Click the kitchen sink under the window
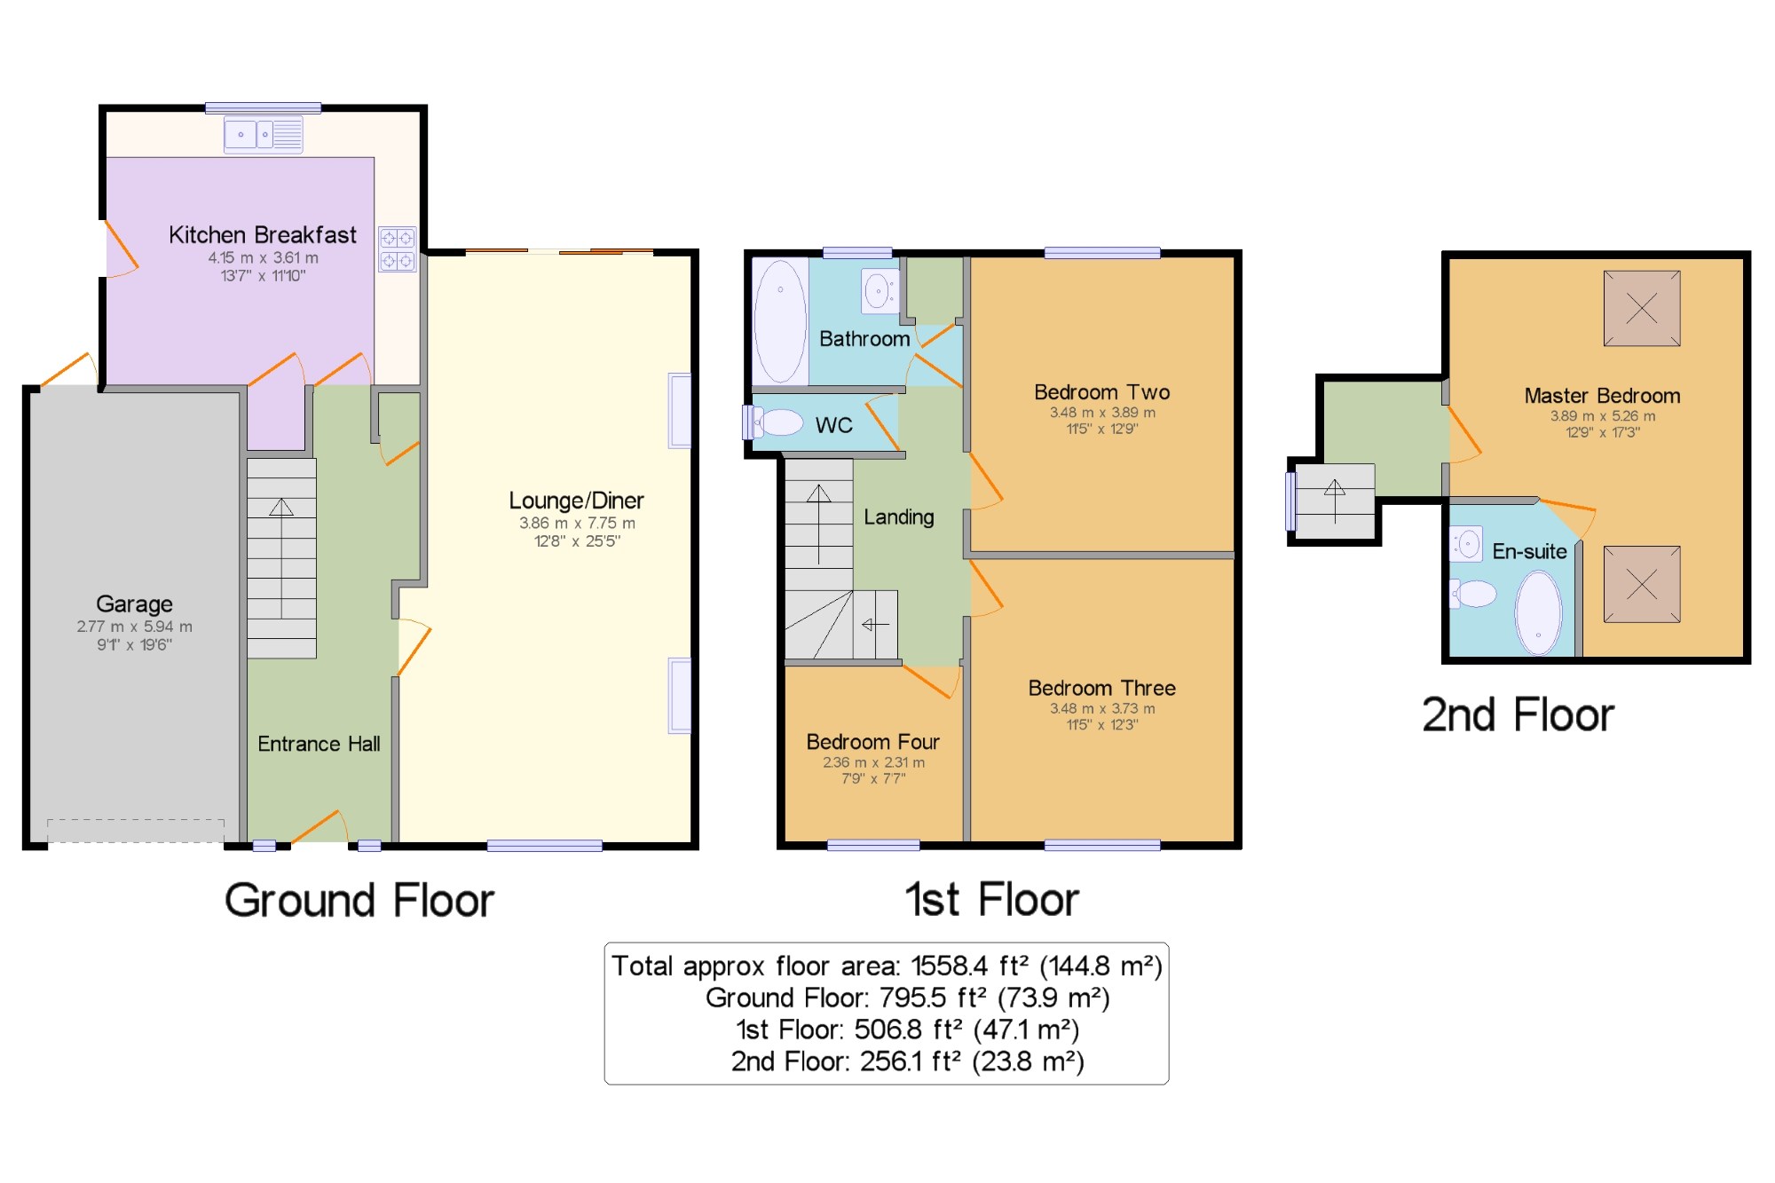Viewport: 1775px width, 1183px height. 264,135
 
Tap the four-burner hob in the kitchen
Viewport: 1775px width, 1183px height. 398,249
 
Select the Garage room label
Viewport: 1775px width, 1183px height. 134,604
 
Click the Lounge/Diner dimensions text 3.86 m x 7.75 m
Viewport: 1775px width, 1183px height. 577,524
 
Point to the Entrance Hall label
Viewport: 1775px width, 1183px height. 319,744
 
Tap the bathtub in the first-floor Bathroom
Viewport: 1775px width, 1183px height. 780,321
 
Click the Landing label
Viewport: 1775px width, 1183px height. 899,517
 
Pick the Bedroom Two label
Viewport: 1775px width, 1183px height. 1102,392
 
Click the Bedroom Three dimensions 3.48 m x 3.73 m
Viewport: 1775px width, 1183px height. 1102,708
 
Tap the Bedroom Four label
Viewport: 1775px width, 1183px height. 872,742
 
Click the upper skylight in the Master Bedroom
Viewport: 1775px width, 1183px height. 1642,309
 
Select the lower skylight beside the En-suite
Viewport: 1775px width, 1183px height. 1642,584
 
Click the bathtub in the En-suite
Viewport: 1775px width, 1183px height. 1539,612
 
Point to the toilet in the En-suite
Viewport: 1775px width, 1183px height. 1474,594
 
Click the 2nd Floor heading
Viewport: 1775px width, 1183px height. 1518,715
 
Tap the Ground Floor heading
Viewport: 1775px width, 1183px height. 359,901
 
